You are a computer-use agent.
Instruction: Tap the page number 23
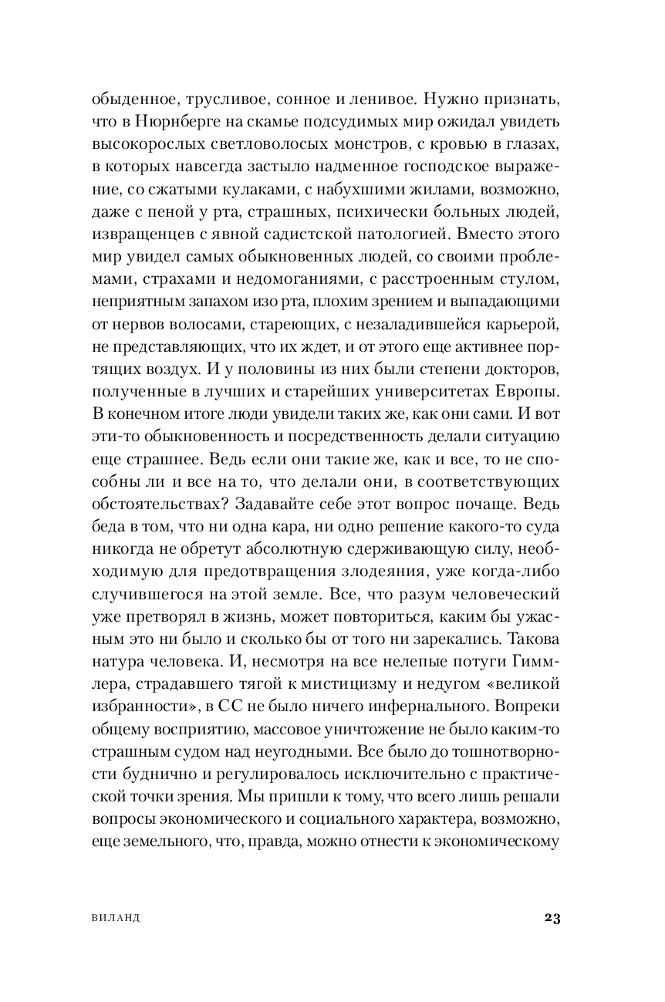(552, 918)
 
